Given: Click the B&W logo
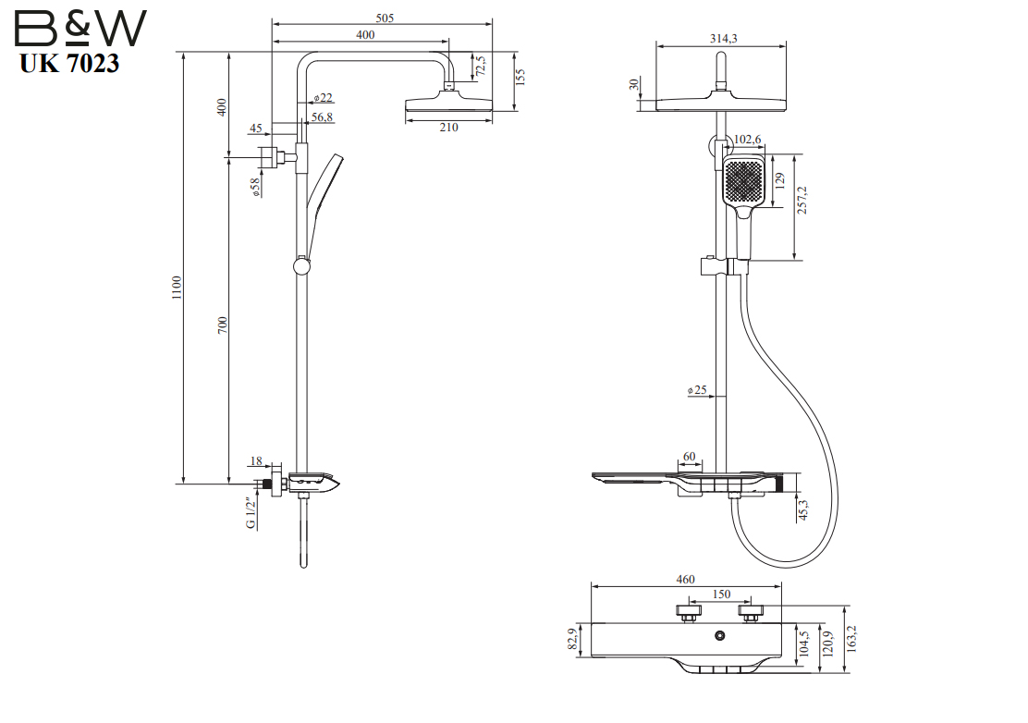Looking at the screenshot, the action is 80,28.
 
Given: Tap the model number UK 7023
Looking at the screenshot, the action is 69,64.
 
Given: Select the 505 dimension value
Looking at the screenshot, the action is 385,18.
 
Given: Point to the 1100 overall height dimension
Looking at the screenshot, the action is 177,288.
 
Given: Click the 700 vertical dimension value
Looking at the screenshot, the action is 222,325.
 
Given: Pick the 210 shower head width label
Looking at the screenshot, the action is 448,128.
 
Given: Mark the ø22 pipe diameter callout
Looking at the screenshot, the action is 324,98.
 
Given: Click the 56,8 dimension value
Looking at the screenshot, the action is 322,116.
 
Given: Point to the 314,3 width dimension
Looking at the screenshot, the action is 723,39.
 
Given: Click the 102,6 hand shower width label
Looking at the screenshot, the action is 747,139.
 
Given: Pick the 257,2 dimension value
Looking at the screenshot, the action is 802,200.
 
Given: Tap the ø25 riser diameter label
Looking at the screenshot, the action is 698,390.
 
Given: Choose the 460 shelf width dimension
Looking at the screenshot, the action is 685,580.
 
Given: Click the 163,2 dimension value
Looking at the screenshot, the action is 851,639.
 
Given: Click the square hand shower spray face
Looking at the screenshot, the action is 743,180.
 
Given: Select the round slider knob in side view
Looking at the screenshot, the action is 302,266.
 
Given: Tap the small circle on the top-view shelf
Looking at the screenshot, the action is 720,635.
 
